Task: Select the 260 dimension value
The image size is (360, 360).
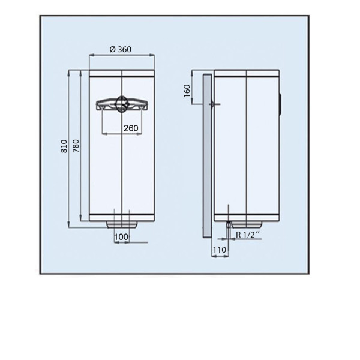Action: click(131, 128)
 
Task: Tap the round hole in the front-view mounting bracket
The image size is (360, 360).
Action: click(122, 103)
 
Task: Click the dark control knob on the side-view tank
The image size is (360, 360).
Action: click(280, 103)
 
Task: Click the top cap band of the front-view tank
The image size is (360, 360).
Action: click(122, 75)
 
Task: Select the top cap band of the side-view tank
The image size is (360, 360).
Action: click(246, 75)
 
